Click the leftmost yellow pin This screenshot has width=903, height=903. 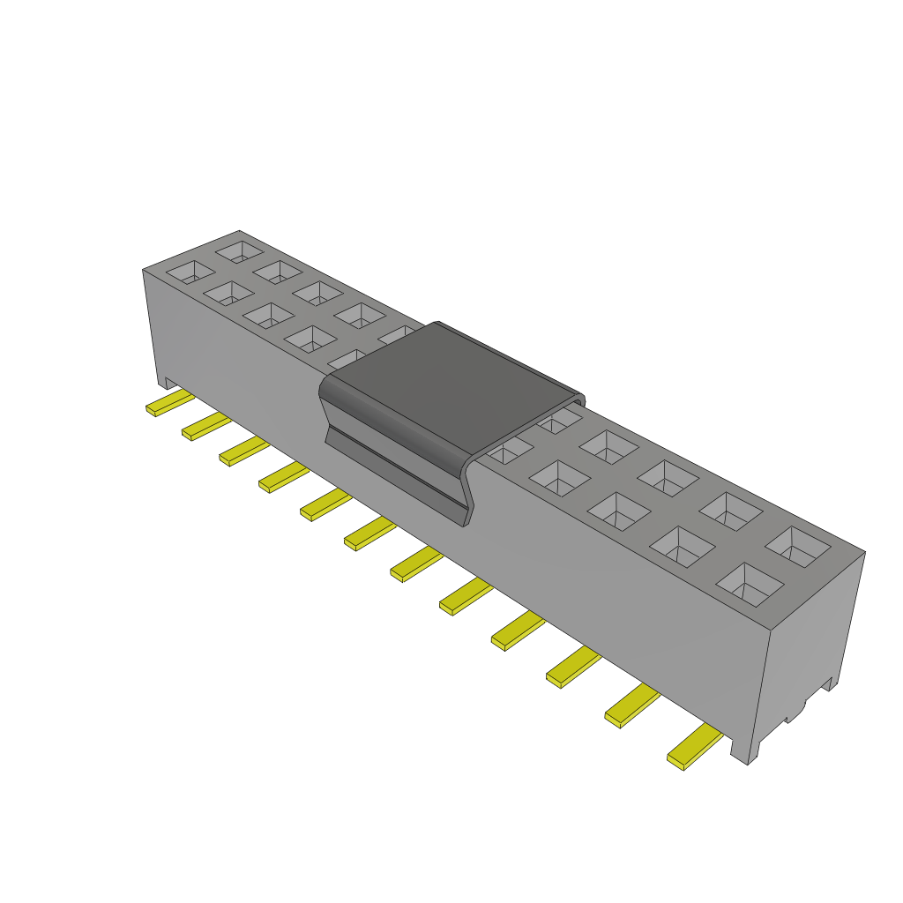coord(169,404)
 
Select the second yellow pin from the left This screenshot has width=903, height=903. coord(206,427)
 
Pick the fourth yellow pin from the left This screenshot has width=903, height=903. coord(283,476)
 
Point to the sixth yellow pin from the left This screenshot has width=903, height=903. coord(369,533)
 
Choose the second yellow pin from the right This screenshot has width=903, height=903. coord(631,705)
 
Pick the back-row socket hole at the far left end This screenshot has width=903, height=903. coord(239,251)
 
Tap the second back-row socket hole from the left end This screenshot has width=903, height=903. coord(280,271)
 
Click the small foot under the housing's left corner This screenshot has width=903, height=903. coord(164,382)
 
